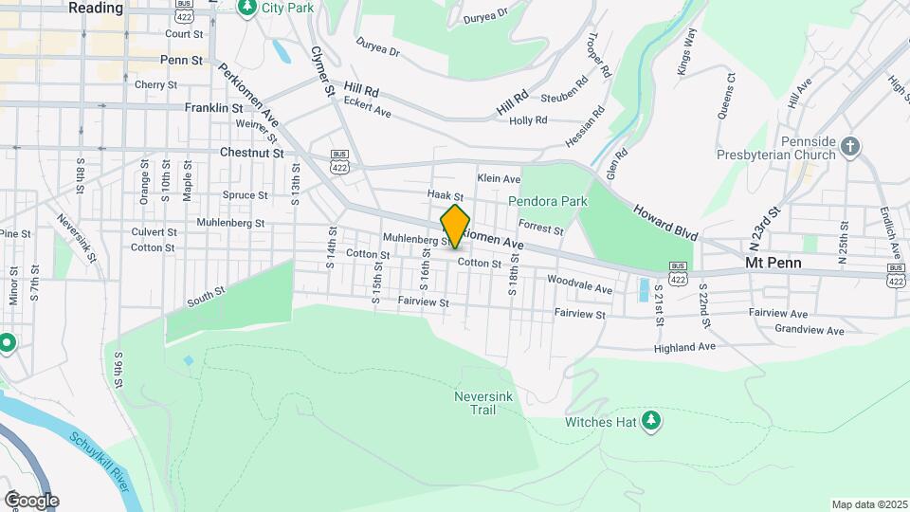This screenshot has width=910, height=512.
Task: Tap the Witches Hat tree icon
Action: [x=650, y=420]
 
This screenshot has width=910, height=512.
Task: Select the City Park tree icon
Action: [x=246, y=8]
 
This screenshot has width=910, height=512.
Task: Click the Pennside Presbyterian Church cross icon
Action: [x=850, y=147]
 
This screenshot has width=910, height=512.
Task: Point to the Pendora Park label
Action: [x=548, y=201]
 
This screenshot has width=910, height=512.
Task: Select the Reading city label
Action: [x=96, y=8]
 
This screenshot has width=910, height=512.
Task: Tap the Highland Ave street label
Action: [x=684, y=348]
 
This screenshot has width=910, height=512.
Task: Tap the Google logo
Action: [x=30, y=500]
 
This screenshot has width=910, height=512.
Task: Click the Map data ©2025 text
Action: [x=868, y=504]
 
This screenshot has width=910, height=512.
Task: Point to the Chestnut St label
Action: [x=251, y=152]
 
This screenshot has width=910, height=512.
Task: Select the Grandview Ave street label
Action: [x=809, y=331]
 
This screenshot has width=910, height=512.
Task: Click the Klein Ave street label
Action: [x=499, y=178]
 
